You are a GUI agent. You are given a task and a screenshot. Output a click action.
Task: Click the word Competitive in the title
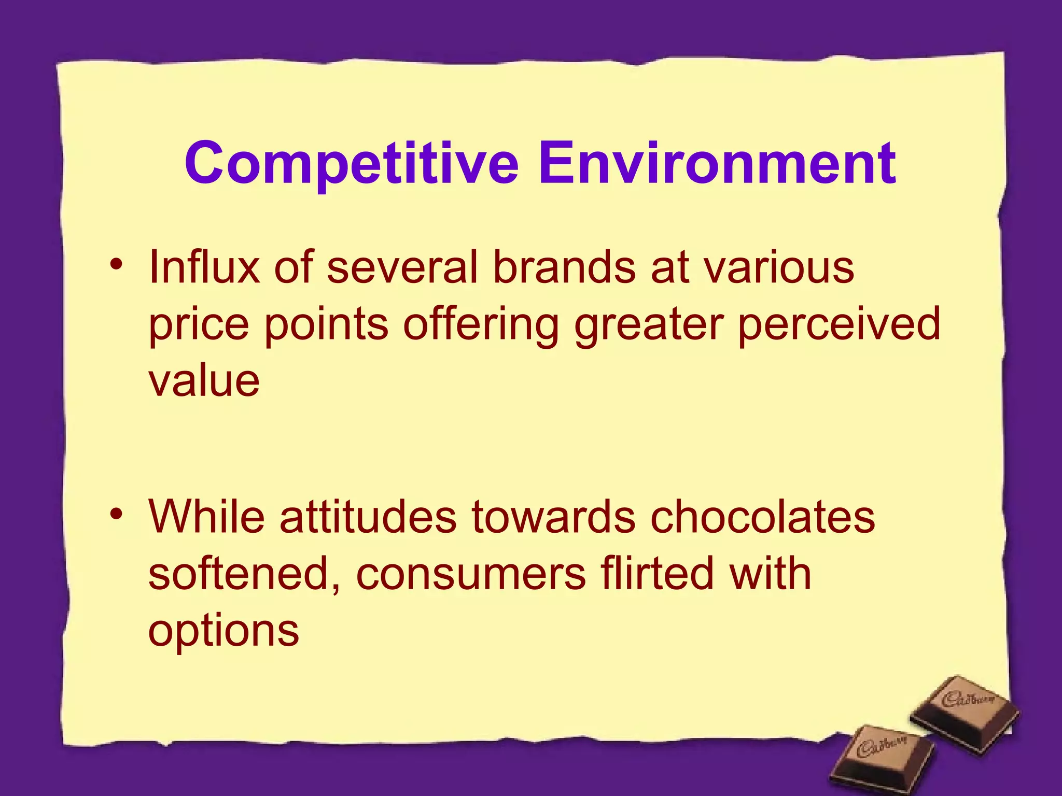tap(352, 164)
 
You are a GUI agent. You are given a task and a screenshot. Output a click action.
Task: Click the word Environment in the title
tap(717, 164)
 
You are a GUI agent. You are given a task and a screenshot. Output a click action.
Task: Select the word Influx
tap(204, 267)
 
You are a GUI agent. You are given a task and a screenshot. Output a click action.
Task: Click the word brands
tap(564, 267)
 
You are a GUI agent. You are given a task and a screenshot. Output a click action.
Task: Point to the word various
tap(778, 267)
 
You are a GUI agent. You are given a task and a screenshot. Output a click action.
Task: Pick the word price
tap(199, 325)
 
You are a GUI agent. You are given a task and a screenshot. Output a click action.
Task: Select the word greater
tap(649, 325)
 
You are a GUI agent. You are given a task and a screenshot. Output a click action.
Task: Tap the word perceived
tap(839, 325)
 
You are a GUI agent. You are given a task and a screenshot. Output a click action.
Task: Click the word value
tap(204, 381)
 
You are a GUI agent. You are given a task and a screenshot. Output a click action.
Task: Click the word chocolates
tap(763, 517)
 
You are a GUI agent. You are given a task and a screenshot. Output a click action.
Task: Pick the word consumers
tap(471, 574)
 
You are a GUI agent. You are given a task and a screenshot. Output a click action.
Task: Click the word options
tap(223, 631)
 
